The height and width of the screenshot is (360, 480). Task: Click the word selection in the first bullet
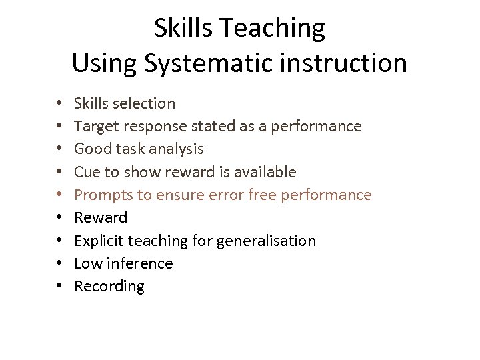pyautogui.click(x=144, y=103)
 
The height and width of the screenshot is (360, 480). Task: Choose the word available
pyautogui.click(x=265, y=172)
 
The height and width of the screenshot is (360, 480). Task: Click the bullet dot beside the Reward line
pyautogui.click(x=59, y=217)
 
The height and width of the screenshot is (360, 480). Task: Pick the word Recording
pyautogui.click(x=109, y=287)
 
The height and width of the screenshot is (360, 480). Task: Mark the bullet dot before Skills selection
pyautogui.click(x=59, y=103)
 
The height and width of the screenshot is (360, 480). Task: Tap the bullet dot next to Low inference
pyautogui.click(x=59, y=263)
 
